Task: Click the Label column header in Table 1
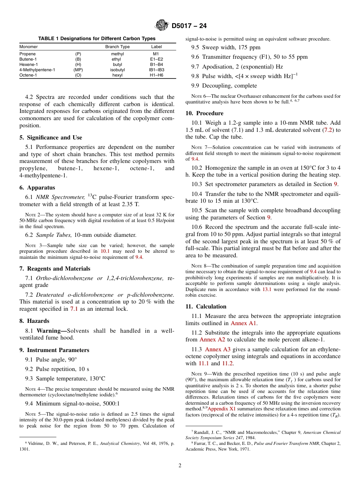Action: point(156,47)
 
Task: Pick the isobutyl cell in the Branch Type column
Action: point(117,70)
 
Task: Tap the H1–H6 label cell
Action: point(156,75)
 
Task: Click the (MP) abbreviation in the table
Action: point(78,70)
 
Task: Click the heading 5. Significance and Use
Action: point(50,138)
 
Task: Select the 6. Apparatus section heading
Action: point(37,188)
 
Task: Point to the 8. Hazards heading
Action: point(34,321)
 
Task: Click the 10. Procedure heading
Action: point(204,113)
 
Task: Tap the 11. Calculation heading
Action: point(206,307)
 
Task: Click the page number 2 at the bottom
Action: point(180,466)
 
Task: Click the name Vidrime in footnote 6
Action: point(36,443)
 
